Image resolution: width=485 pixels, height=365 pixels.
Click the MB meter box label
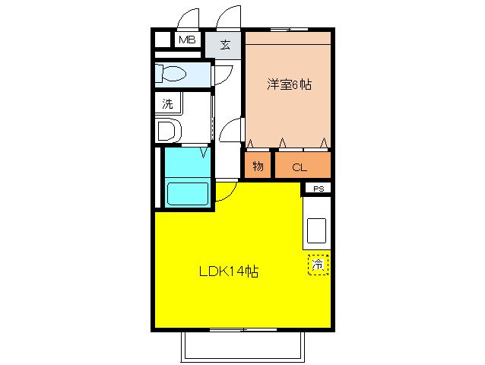[186, 40]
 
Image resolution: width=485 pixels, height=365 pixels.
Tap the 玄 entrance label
[225, 44]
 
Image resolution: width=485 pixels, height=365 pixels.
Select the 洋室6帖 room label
[288, 84]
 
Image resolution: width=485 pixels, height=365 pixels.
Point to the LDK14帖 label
[228, 271]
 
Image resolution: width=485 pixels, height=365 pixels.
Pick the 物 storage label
[258, 166]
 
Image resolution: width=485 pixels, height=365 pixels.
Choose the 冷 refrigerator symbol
[319, 265]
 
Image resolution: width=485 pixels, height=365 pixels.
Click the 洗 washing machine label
[166, 103]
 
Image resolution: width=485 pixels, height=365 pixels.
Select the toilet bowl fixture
[171, 75]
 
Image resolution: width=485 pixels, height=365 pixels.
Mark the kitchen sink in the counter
[316, 230]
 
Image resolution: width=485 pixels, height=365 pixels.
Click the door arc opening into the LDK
[225, 192]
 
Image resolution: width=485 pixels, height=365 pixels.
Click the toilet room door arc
[222, 75]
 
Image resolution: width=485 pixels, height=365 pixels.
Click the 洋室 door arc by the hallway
[230, 130]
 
